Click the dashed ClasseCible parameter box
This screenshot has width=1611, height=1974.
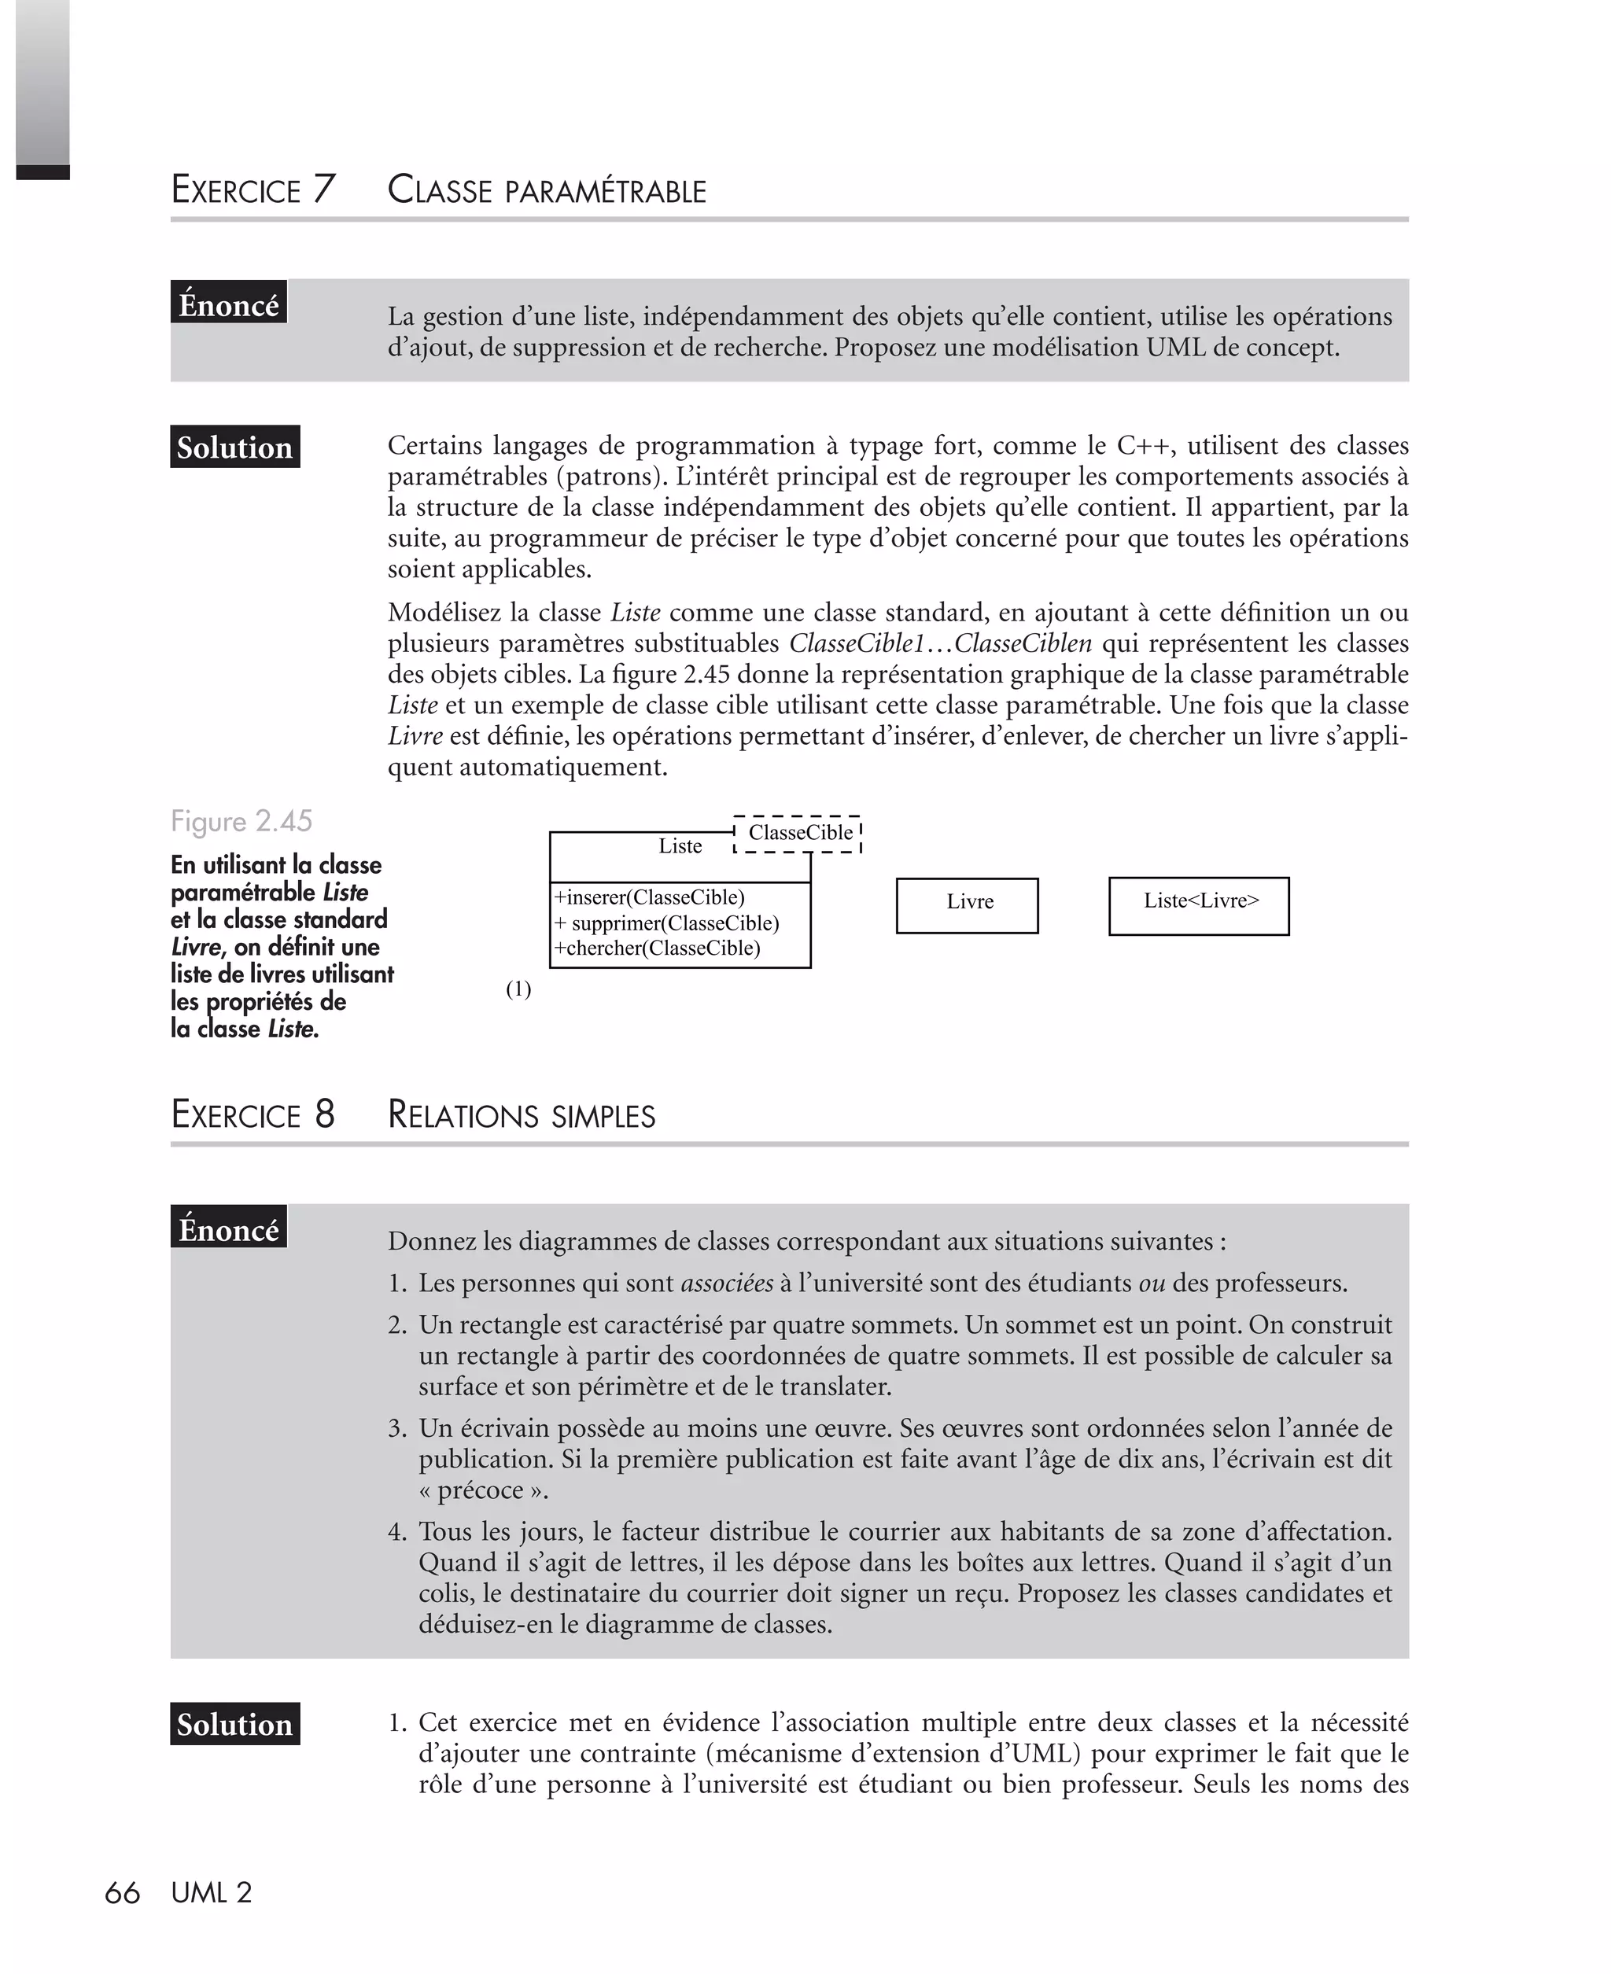click(799, 833)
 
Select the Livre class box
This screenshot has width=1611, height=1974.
click(967, 904)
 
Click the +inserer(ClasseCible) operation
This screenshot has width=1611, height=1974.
click(650, 897)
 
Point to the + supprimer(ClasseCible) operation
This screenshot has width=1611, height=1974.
click(666, 923)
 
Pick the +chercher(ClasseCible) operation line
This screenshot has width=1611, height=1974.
click(657, 948)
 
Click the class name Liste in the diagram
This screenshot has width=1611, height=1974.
click(680, 846)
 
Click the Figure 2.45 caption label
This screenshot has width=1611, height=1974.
click(241, 821)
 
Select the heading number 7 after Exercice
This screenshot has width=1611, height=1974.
click(323, 190)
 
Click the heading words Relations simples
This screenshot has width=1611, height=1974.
click(521, 1114)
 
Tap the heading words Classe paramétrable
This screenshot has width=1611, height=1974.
click(547, 190)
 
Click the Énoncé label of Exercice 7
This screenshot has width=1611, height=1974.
click(228, 304)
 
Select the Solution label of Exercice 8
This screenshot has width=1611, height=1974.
click(234, 1725)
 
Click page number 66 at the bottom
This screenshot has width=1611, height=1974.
click(122, 1893)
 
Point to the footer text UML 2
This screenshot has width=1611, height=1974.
click(212, 1893)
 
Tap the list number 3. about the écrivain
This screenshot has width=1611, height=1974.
click(397, 1428)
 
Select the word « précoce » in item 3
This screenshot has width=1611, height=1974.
click(482, 1490)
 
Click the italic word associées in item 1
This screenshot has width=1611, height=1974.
click(727, 1283)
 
